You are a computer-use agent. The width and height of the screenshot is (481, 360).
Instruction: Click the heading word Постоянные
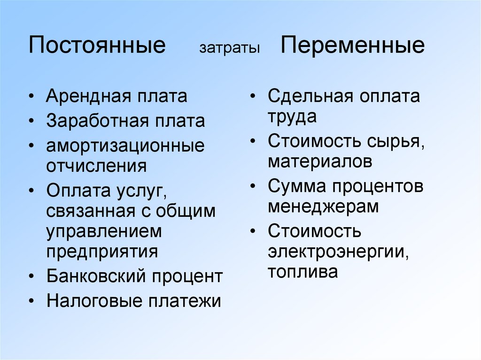pyautogui.click(x=97, y=45)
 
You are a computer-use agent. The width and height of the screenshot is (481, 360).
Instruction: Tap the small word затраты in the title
pyautogui.click(x=229, y=48)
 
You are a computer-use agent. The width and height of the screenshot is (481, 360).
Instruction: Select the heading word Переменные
pyautogui.click(x=352, y=46)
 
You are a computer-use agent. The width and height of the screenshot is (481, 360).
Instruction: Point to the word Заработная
pyautogui.click(x=97, y=121)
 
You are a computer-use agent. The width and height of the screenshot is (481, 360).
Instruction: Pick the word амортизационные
pyautogui.click(x=125, y=146)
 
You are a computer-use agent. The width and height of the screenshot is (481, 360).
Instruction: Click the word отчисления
pyautogui.click(x=96, y=166)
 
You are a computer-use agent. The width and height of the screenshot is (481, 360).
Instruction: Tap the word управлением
pyautogui.click(x=104, y=232)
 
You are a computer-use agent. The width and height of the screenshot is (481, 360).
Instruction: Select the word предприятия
pyautogui.click(x=102, y=252)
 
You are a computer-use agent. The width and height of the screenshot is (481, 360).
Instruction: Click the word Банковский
pyautogui.click(x=96, y=276)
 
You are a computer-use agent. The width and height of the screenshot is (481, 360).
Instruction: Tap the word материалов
pyautogui.click(x=319, y=161)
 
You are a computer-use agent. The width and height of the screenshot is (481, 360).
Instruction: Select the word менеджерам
pyautogui.click(x=323, y=207)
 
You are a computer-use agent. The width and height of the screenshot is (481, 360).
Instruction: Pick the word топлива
pyautogui.click(x=303, y=272)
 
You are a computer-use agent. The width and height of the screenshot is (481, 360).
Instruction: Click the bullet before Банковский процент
pyautogui.click(x=31, y=276)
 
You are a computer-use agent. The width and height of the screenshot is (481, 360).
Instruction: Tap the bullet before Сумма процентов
pyautogui.click(x=253, y=186)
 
